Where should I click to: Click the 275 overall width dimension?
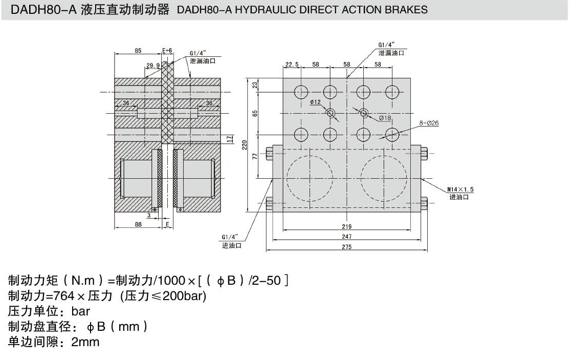coord(346,247)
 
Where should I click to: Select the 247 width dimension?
coord(346,237)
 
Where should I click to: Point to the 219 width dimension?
coord(346,226)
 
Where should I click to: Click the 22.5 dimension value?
coord(292,65)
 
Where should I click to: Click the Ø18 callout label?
coord(385,118)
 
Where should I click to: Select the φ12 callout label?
coord(316,102)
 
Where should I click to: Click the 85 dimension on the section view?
coord(138,51)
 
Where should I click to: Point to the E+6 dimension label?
coord(167,51)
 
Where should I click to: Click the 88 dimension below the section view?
coord(138,223)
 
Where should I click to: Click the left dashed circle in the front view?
coord(310,177)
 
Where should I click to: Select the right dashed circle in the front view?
coord(384,177)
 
